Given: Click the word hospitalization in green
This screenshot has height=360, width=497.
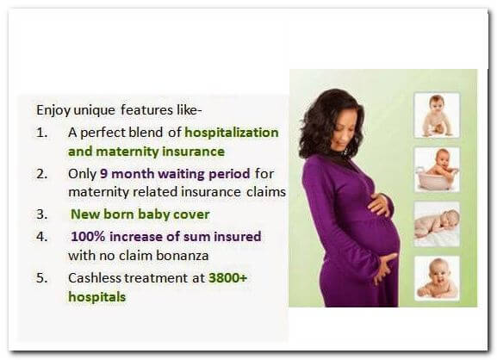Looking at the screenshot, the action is tap(232, 133).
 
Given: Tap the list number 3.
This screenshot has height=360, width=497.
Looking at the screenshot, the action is tap(41, 214).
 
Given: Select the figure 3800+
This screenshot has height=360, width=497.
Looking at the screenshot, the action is tap(227, 277).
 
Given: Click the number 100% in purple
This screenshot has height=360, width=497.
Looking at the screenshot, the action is tap(88, 237).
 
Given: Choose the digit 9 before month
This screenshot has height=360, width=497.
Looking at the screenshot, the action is tap(104, 174).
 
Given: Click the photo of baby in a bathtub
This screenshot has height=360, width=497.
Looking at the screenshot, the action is tap(437, 169).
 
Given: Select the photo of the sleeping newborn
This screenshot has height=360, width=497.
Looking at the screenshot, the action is tap(437, 224).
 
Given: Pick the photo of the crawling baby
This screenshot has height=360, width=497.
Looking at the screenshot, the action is tap(437, 115).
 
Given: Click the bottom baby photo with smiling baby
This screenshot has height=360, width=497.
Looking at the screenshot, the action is tap(437, 278).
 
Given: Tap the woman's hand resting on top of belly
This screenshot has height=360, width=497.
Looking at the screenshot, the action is tap(381, 205).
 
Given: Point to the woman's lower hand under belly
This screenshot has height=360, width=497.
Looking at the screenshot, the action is tap(384, 268).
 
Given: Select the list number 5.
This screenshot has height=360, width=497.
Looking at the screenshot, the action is tap(41, 278).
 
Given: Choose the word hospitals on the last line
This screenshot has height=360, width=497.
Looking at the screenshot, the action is tap(97, 297).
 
